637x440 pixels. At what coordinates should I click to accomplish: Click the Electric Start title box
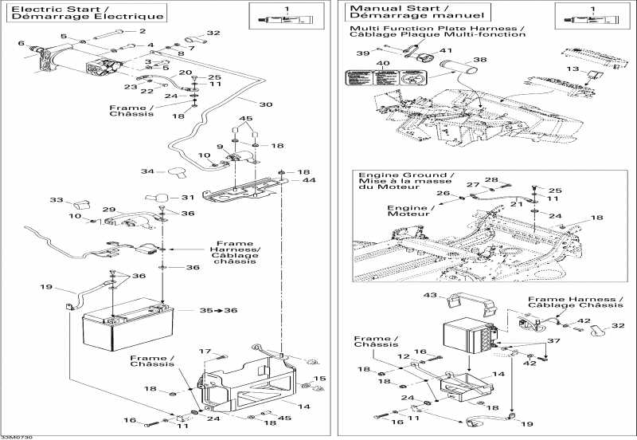click(x=87, y=12)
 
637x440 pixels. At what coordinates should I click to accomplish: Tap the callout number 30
click(x=266, y=104)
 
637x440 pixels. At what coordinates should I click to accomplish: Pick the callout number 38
click(x=479, y=60)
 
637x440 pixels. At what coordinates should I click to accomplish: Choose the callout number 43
click(x=431, y=296)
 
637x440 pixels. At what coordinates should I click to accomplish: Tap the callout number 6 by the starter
click(x=21, y=43)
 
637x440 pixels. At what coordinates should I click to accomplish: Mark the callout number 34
click(x=147, y=171)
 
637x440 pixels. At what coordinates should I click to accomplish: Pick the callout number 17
click(x=204, y=352)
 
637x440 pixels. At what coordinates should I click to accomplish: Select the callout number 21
click(x=517, y=203)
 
